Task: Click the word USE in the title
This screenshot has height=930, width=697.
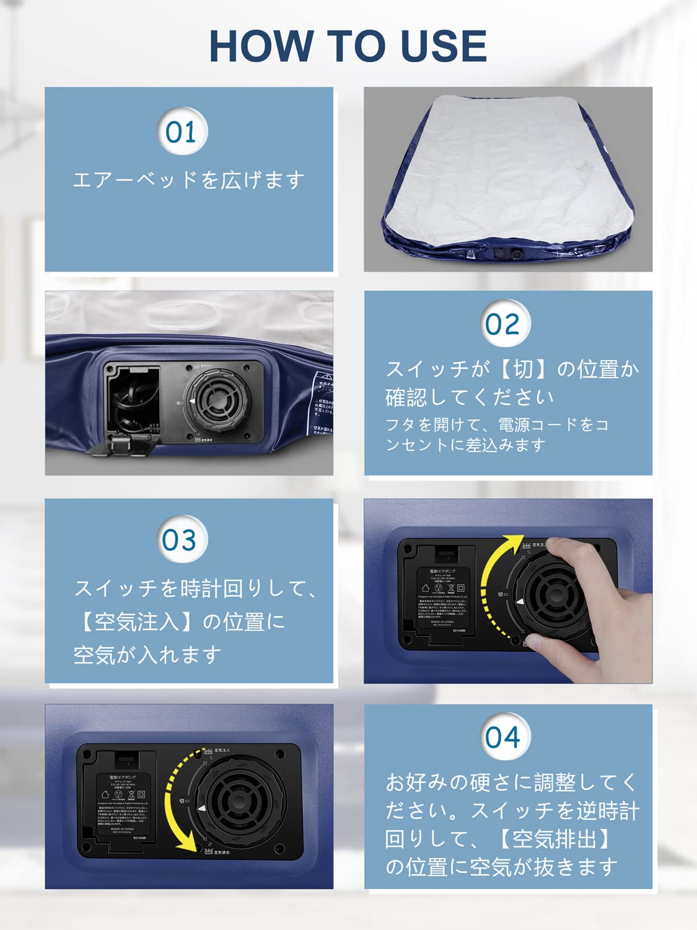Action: pos(444,46)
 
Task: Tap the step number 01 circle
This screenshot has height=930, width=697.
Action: pos(181,132)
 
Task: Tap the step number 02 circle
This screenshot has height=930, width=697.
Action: pos(503,324)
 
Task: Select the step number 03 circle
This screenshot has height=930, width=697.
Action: pos(180,540)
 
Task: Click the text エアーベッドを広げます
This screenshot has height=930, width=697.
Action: pos(189,180)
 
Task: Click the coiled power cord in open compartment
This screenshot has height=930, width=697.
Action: pos(132,403)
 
